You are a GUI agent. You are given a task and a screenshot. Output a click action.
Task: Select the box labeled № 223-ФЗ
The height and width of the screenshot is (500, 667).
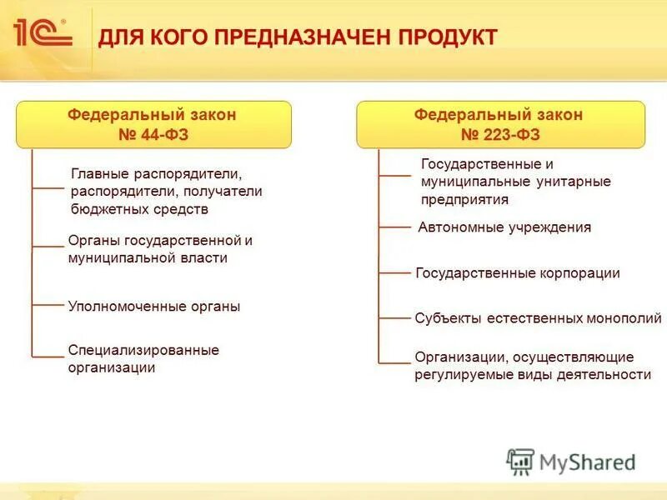(x=499, y=125)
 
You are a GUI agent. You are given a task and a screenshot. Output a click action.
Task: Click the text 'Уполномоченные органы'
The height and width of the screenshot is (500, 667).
(x=153, y=307)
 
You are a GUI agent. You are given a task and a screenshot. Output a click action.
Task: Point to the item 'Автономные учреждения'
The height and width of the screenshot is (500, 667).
(x=504, y=227)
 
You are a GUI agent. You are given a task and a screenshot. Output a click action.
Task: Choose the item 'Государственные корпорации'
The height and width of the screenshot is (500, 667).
(x=517, y=273)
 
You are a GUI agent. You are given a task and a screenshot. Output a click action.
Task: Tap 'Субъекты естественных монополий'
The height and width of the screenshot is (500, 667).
(x=538, y=318)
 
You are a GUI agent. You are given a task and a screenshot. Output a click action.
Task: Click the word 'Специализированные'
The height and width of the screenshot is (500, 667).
(x=143, y=350)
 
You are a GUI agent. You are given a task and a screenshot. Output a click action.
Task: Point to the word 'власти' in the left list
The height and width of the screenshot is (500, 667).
(x=206, y=258)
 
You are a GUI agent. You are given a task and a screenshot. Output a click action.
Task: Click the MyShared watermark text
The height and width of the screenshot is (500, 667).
(x=589, y=462)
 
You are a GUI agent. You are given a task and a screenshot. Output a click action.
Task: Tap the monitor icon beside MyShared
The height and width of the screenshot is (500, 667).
(x=520, y=461)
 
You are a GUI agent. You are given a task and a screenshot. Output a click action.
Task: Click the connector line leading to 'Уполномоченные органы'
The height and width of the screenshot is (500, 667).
(x=48, y=307)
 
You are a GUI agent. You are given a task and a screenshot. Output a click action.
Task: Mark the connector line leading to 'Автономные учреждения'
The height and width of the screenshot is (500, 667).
(x=395, y=227)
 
